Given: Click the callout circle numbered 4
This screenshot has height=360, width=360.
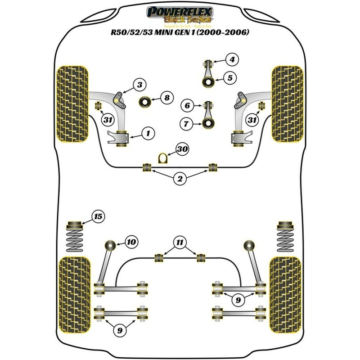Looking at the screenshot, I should (232, 59).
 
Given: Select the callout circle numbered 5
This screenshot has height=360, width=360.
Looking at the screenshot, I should (230, 78).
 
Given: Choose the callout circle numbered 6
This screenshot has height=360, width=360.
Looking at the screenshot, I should (187, 106).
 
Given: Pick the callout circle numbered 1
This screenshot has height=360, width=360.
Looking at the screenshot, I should (148, 133).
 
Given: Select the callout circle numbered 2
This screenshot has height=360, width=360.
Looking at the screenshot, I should (180, 180).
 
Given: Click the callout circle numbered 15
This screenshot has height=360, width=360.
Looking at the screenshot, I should (98, 217).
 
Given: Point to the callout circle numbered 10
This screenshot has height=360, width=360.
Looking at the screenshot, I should (131, 243).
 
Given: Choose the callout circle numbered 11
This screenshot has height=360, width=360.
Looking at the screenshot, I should (180, 243).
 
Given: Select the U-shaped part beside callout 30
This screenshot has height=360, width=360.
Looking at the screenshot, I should (163, 158).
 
